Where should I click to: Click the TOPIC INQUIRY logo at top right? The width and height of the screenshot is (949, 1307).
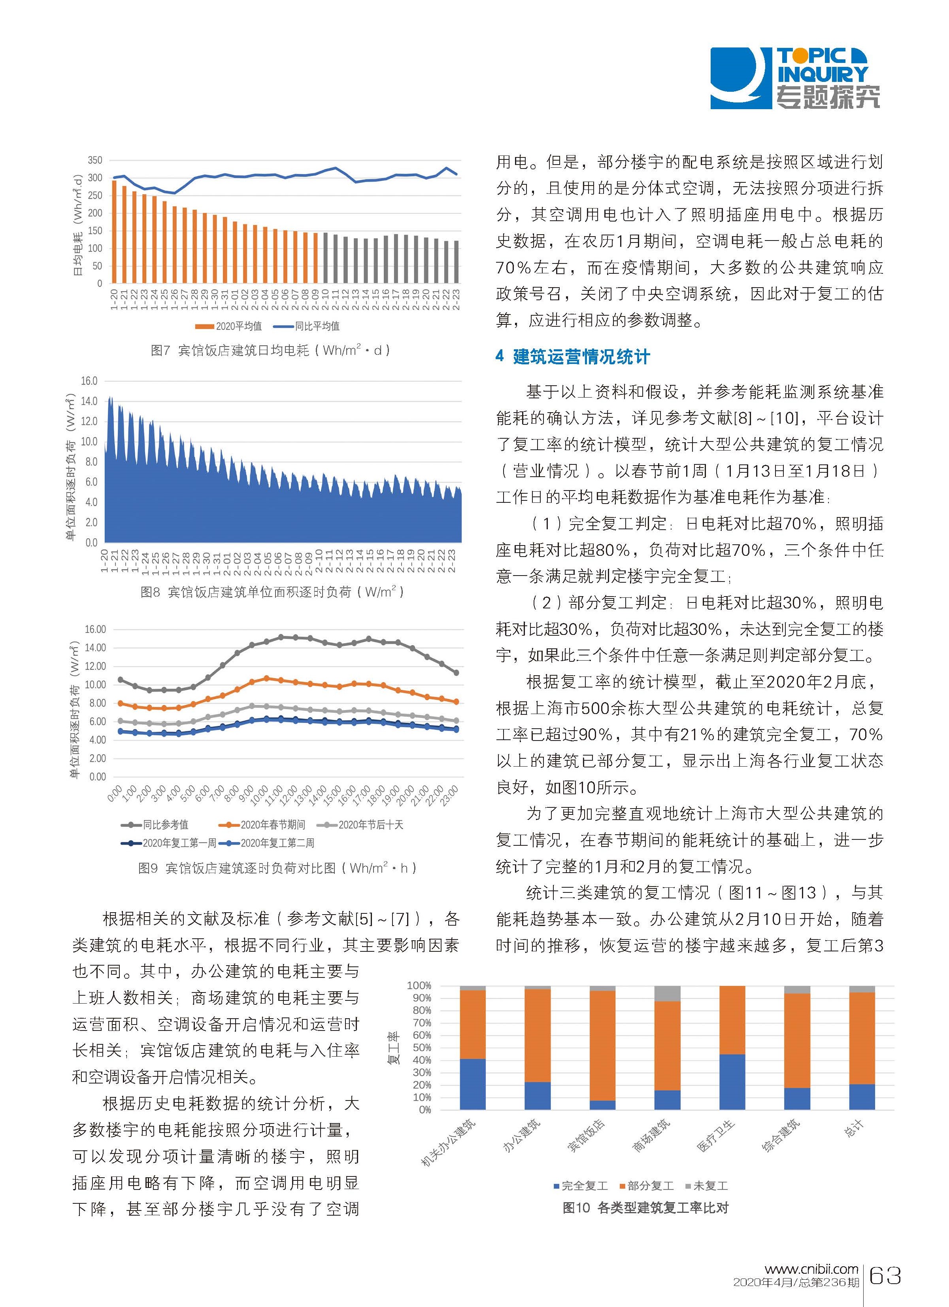[x=795, y=78]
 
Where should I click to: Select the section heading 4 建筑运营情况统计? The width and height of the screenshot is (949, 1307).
[x=572, y=357]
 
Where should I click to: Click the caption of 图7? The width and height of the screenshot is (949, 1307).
[x=271, y=350]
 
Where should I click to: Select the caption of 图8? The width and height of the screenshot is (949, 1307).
[x=272, y=592]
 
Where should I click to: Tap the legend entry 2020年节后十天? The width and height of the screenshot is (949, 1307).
[x=364, y=825]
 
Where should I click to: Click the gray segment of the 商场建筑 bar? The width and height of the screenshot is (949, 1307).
[x=668, y=994]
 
